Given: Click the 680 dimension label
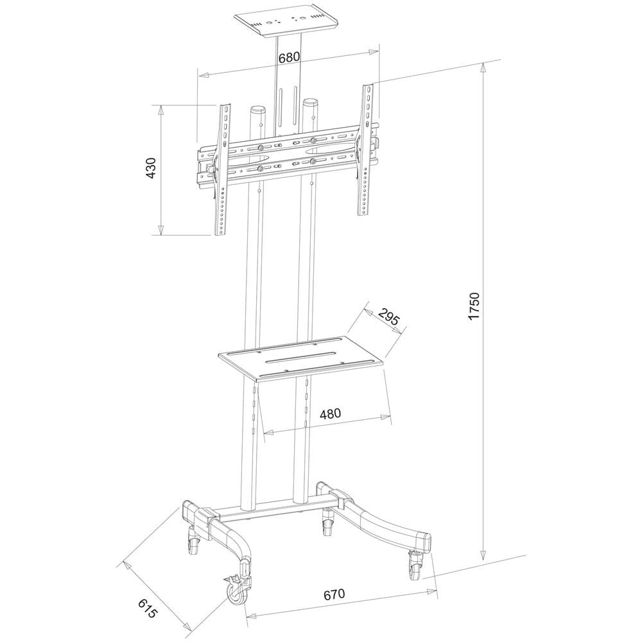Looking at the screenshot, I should coord(290,57).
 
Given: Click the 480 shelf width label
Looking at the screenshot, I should coord(330,413).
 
